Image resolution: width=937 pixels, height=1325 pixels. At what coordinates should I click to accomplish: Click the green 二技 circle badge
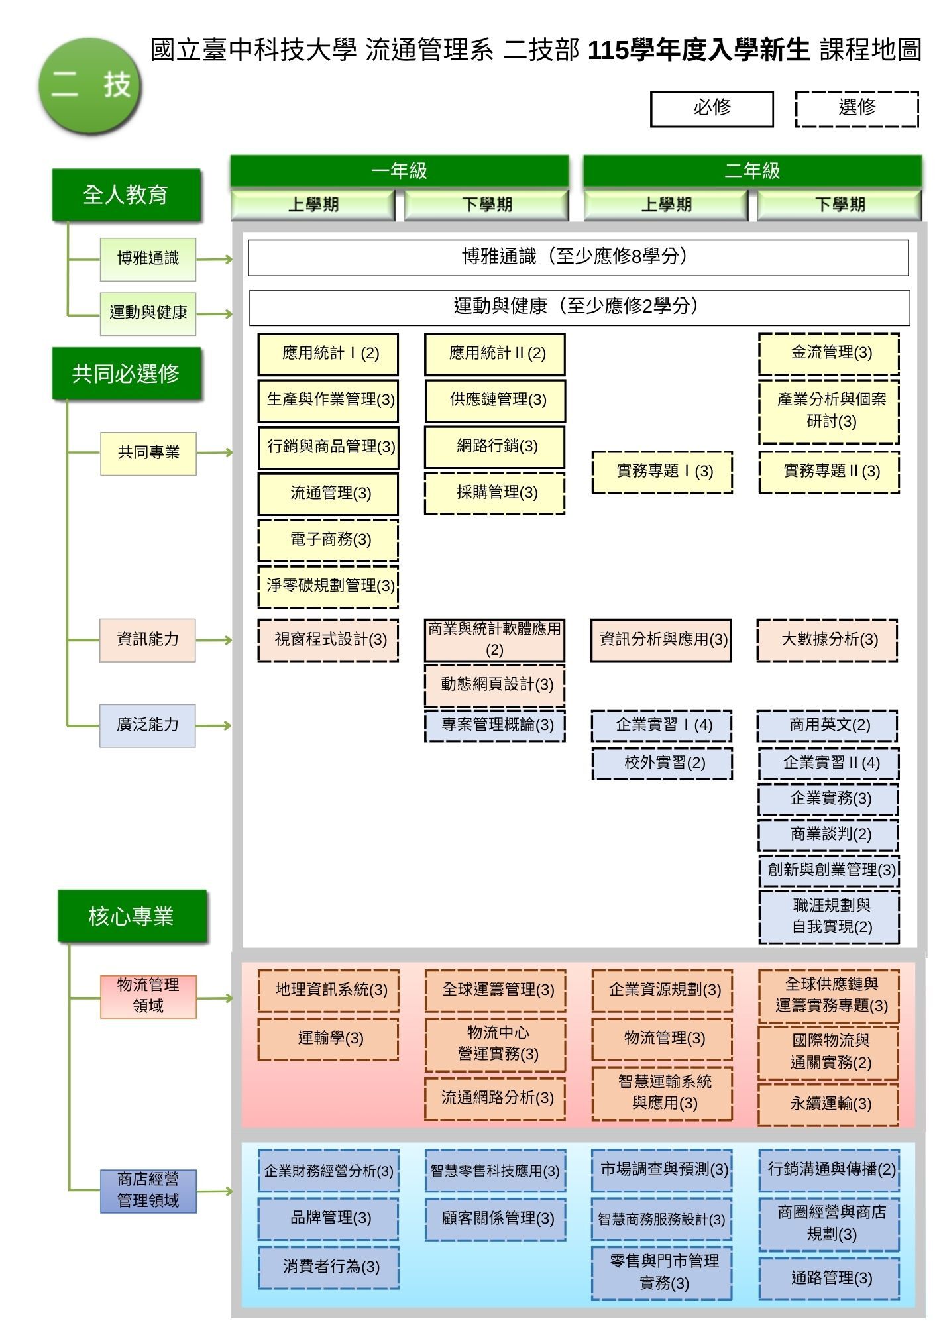click(89, 85)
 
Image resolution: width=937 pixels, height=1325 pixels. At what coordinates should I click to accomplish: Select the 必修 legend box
click(712, 109)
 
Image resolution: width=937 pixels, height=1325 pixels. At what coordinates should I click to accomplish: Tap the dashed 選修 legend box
click(857, 109)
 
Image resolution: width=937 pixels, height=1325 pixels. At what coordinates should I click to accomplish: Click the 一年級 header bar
click(400, 171)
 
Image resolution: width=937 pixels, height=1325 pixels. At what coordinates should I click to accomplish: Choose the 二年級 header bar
click(752, 171)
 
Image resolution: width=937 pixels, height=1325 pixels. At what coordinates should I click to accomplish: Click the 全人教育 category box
click(126, 195)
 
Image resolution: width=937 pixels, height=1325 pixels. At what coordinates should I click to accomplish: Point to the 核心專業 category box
click(132, 916)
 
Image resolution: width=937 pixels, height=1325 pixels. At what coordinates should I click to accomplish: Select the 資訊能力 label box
click(148, 640)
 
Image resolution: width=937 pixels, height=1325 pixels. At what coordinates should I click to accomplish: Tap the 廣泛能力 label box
click(148, 725)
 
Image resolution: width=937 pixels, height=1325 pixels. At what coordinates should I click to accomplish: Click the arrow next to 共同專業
click(215, 453)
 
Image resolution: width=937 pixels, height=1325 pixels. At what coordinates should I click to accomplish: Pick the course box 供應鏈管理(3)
click(495, 400)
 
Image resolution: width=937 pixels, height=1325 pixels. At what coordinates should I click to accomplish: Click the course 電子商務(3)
click(328, 540)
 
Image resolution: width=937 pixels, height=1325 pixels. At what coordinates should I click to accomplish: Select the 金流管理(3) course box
click(829, 354)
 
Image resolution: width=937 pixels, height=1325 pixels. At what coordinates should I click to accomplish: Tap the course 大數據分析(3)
click(828, 640)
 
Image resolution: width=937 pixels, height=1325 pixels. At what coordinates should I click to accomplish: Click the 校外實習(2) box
click(662, 763)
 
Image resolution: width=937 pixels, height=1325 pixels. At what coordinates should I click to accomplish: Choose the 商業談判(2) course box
click(829, 835)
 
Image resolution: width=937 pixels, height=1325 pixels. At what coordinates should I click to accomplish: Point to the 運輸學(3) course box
click(328, 1039)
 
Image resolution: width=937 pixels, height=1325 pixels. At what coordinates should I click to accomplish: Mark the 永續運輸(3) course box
click(829, 1104)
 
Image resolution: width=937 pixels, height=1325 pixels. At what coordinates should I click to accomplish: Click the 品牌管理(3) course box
click(328, 1218)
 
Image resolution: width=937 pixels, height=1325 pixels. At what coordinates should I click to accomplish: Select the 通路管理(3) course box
click(829, 1279)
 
